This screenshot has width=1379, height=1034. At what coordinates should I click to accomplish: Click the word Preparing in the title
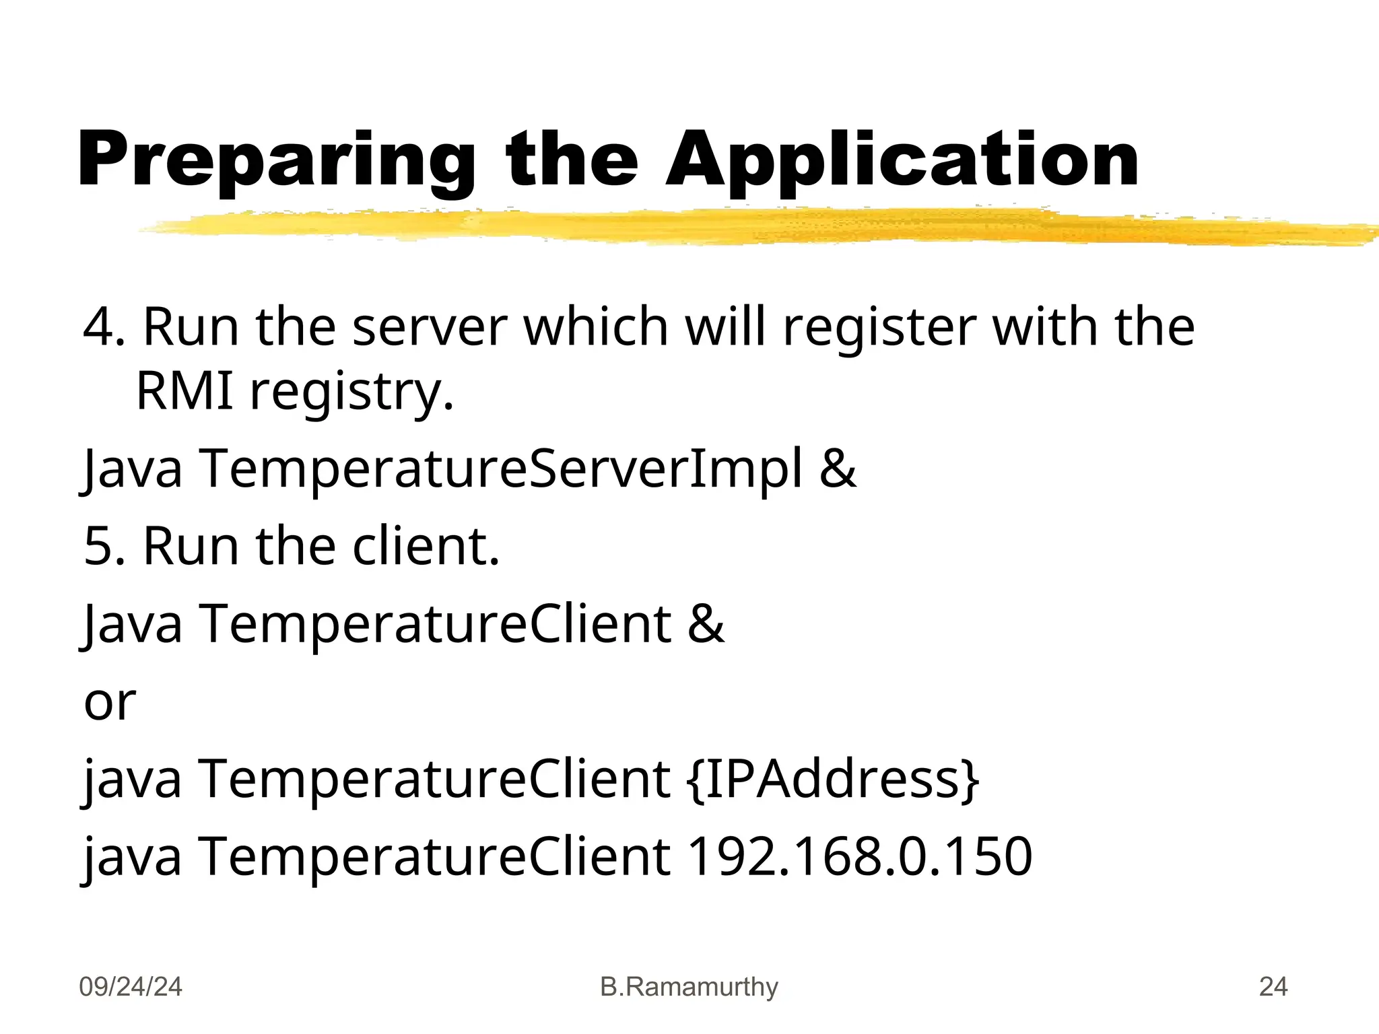tap(276, 162)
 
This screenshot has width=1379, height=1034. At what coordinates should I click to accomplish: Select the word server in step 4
tap(430, 328)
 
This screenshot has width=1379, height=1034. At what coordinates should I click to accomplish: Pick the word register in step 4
tap(879, 328)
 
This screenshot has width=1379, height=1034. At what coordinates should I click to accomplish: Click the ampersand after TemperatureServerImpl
tap(838, 469)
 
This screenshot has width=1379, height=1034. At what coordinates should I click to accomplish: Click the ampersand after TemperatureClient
tap(706, 623)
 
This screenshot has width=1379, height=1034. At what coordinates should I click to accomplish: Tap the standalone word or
tap(110, 702)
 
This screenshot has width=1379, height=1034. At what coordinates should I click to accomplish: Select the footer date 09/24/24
tap(131, 987)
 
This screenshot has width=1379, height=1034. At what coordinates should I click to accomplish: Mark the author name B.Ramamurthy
tap(689, 987)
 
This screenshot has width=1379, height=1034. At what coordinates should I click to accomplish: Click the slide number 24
tap(1273, 987)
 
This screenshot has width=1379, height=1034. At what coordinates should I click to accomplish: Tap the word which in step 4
tap(596, 328)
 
